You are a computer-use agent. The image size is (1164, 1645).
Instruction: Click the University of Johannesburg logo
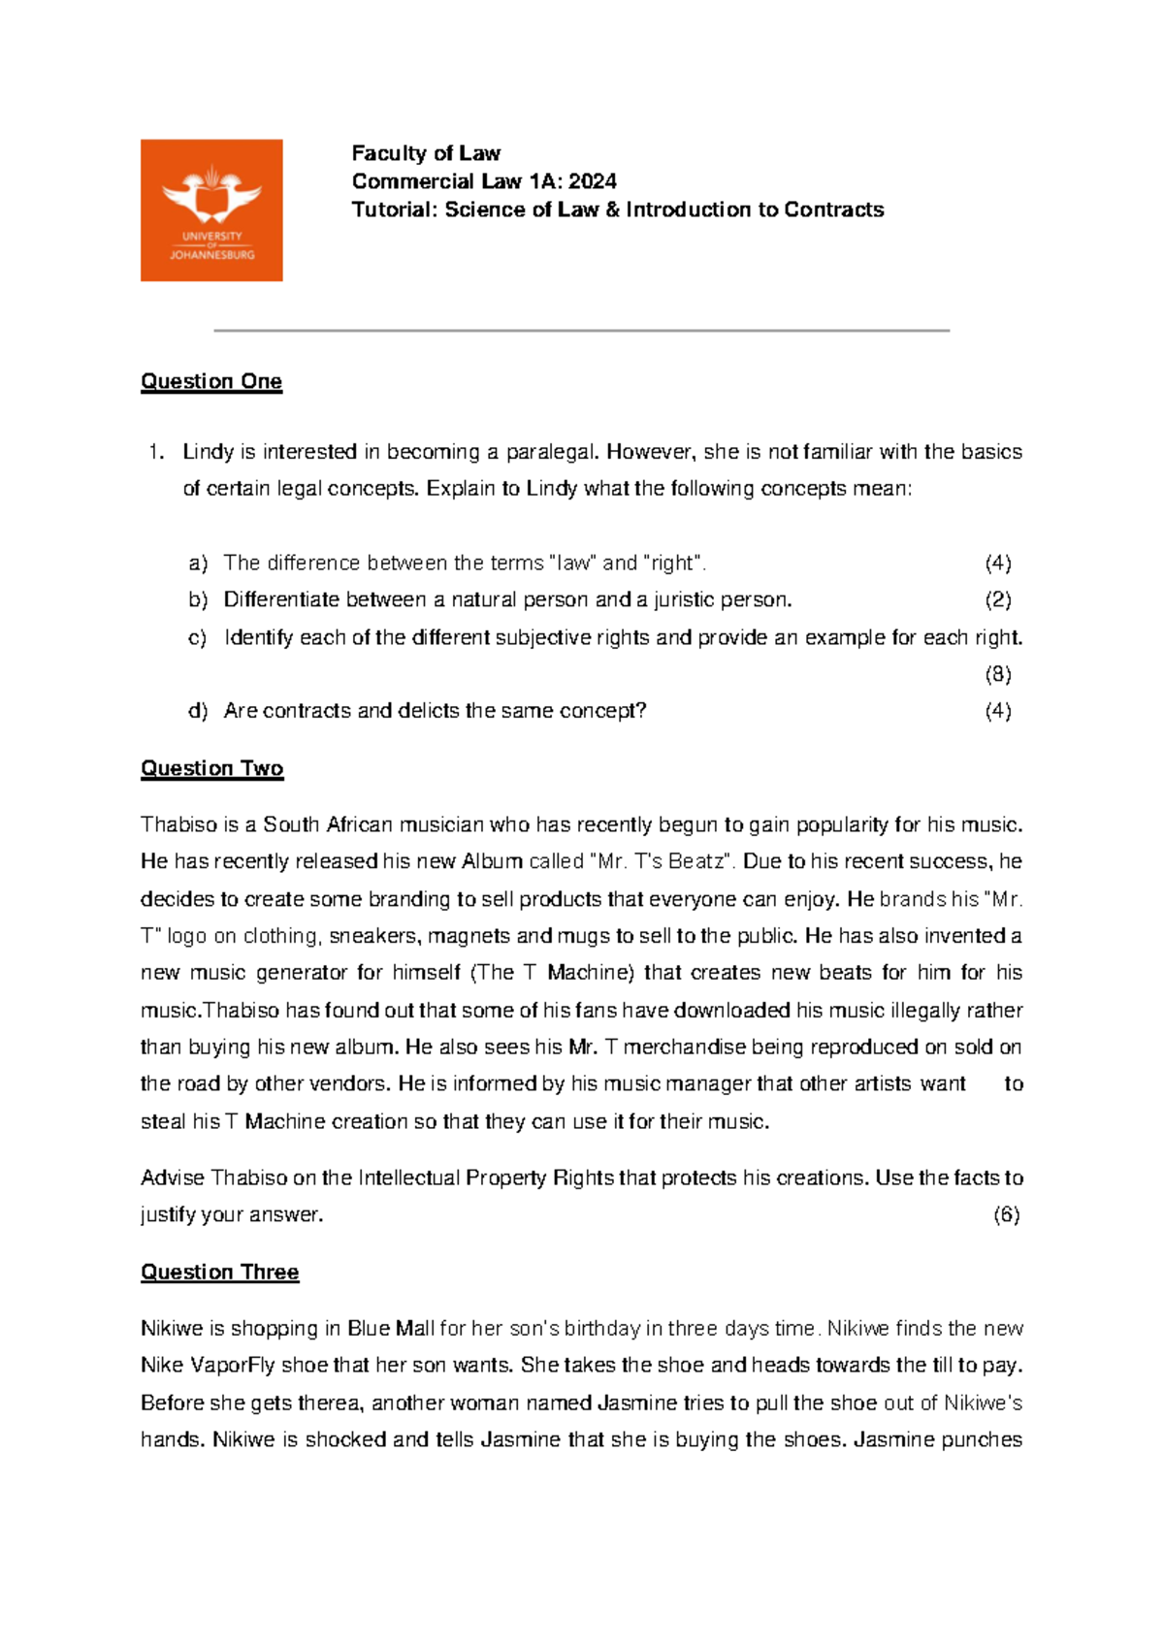211,210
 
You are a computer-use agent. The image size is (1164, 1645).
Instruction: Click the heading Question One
211,381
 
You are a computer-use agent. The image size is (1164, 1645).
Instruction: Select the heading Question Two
211,768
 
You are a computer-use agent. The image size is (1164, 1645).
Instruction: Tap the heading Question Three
219,1272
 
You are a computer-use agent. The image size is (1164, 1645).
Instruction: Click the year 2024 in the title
593,181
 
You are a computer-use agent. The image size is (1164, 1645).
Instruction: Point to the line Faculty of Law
426,153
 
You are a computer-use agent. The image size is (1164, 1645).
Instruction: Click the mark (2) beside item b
998,599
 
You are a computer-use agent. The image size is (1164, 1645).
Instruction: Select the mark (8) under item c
998,674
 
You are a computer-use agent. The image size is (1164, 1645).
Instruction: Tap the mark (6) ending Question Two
1006,1214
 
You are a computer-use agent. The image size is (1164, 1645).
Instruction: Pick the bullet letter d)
198,711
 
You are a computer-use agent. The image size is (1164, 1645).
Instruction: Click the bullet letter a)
198,564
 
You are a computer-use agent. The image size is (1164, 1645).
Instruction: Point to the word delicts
428,711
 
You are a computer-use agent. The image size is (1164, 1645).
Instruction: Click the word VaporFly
232,1366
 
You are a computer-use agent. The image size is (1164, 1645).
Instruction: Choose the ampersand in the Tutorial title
612,210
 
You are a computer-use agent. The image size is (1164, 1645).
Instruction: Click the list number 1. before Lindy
155,452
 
